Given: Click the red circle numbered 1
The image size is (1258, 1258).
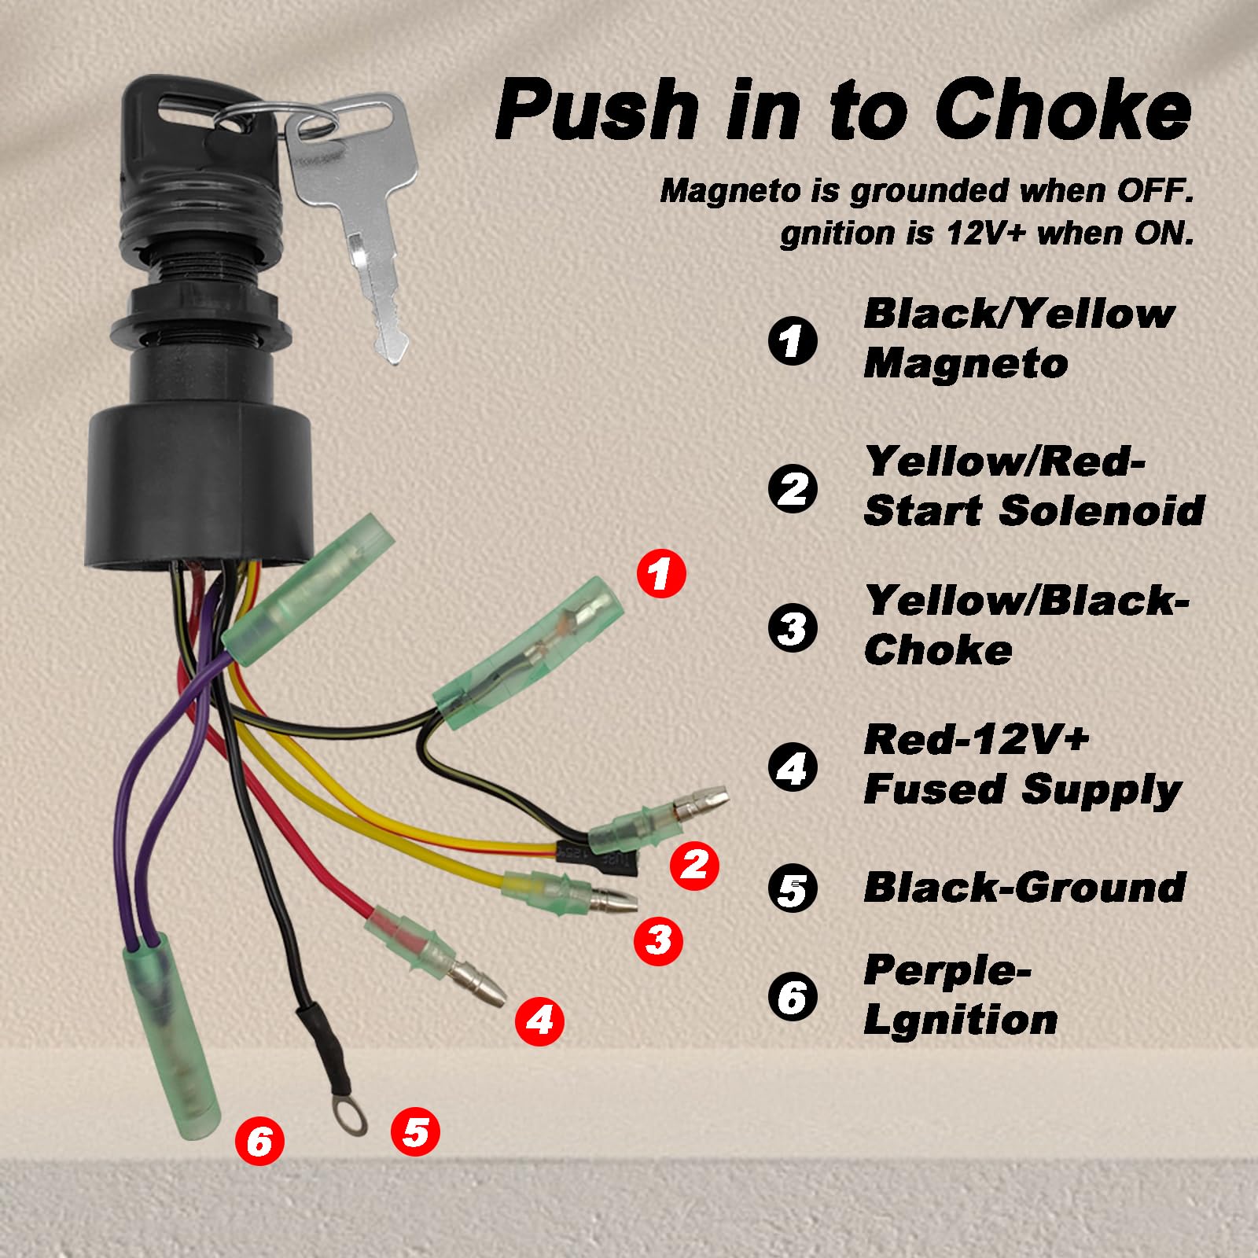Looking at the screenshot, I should [660, 573].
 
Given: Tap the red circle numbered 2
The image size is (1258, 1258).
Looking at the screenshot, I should [694, 866].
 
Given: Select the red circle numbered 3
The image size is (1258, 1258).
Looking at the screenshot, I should [658, 939].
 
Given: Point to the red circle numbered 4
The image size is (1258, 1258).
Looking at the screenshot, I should [539, 1021].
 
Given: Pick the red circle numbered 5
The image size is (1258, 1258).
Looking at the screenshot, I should [415, 1132].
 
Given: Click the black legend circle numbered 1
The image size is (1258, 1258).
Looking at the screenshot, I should [792, 340].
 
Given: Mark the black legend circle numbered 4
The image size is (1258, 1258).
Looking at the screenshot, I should [792, 767].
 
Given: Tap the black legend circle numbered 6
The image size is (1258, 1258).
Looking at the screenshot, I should [792, 996].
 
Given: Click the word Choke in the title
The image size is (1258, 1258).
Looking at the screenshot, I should [1063, 112].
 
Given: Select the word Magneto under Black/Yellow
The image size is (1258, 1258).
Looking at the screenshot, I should [966, 364].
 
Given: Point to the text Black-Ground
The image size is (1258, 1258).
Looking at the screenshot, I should [1024, 888].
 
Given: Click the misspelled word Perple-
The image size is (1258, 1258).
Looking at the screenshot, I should [947, 971].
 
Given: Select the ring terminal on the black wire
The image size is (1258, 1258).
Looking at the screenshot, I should [348, 1115].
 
